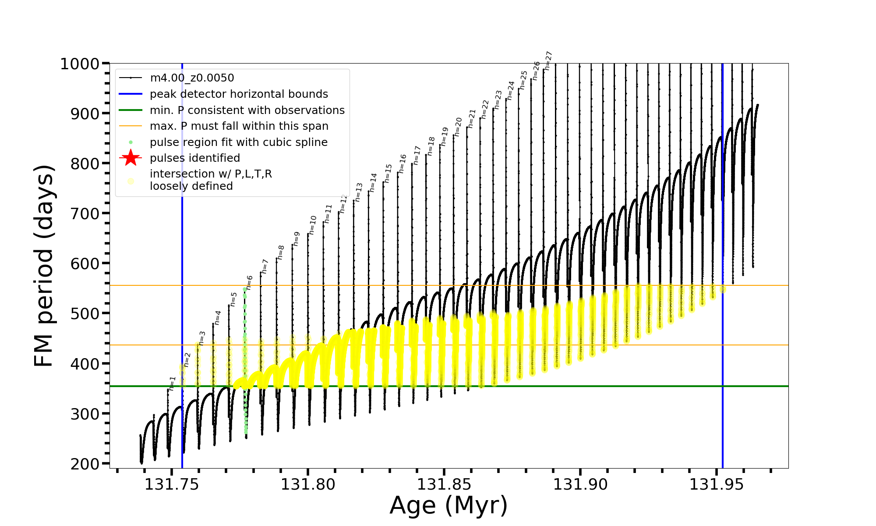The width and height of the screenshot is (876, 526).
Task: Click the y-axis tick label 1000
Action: [80, 64]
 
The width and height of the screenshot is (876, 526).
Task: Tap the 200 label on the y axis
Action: [85, 464]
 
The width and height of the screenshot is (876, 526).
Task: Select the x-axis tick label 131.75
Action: [172, 484]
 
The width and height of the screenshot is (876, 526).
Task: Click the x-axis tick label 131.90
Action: [580, 484]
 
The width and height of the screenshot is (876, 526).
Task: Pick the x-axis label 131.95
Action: [717, 484]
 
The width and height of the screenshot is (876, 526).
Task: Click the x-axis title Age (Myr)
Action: [449, 505]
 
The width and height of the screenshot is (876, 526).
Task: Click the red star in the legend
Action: [131, 158]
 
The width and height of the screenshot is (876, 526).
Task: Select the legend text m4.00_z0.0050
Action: [192, 78]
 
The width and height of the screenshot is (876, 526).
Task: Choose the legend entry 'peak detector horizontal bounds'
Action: [239, 94]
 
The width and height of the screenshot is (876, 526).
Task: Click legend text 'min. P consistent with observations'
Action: [247, 110]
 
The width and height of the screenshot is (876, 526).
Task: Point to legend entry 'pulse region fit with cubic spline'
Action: [238, 142]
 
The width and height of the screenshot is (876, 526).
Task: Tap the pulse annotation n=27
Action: [548, 60]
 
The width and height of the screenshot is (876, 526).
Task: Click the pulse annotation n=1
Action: [172, 383]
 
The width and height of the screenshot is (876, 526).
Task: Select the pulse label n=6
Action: [249, 282]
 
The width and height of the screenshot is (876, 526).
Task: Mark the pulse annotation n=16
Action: [402, 163]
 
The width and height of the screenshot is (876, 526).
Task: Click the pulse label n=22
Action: [484, 109]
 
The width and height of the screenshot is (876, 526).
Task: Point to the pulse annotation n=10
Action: [312, 225]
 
